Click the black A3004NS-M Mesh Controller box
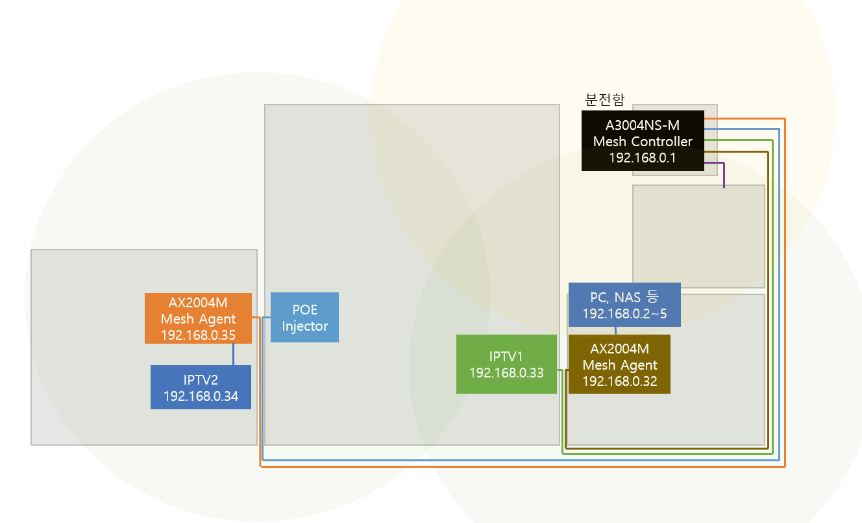point(643,140)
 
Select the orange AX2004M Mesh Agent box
point(198,318)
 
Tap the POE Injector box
point(305,317)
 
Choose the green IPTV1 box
point(506,364)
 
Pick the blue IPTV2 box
point(201,387)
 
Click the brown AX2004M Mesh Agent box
point(619,364)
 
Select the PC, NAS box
point(624,305)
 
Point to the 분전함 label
point(604,100)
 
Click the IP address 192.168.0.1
point(643,158)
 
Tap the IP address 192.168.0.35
point(198,335)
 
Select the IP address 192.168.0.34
point(201,396)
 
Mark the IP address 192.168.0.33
point(506,373)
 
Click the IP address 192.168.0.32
point(620,381)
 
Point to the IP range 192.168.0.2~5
point(624,314)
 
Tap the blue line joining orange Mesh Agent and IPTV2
point(233,354)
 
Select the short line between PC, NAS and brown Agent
point(616,331)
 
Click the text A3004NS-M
point(643,125)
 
